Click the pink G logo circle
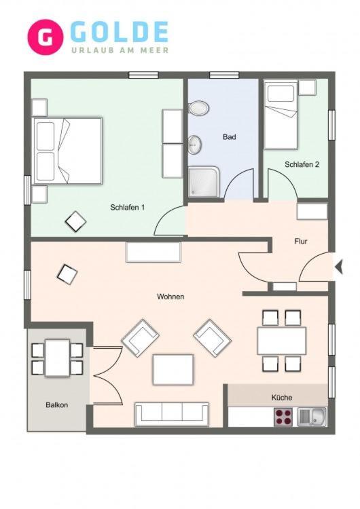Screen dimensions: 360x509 coord(46,37)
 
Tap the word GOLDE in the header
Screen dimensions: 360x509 coord(120,32)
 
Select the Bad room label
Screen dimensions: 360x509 coord(230,137)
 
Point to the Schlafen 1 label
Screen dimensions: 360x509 coord(128,208)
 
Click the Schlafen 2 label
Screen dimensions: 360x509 coord(302,165)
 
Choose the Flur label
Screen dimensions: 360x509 coord(301,241)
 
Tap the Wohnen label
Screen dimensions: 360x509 coord(170,297)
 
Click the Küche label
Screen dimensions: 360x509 coord(282,397)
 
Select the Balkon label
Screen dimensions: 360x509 coord(57,404)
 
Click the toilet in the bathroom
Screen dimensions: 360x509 coord(198,108)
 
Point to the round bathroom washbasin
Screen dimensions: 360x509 coord(195,144)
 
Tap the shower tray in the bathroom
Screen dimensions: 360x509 coord(204,182)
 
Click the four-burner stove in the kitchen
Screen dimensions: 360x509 coord(283,417)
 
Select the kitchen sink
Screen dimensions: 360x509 coord(312,417)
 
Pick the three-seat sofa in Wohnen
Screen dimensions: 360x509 coord(172,414)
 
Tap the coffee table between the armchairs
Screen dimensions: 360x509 coord(173,369)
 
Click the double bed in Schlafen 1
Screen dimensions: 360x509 coord(67,151)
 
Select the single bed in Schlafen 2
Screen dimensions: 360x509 coord(281,115)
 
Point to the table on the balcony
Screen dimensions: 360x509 coord(57,358)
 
